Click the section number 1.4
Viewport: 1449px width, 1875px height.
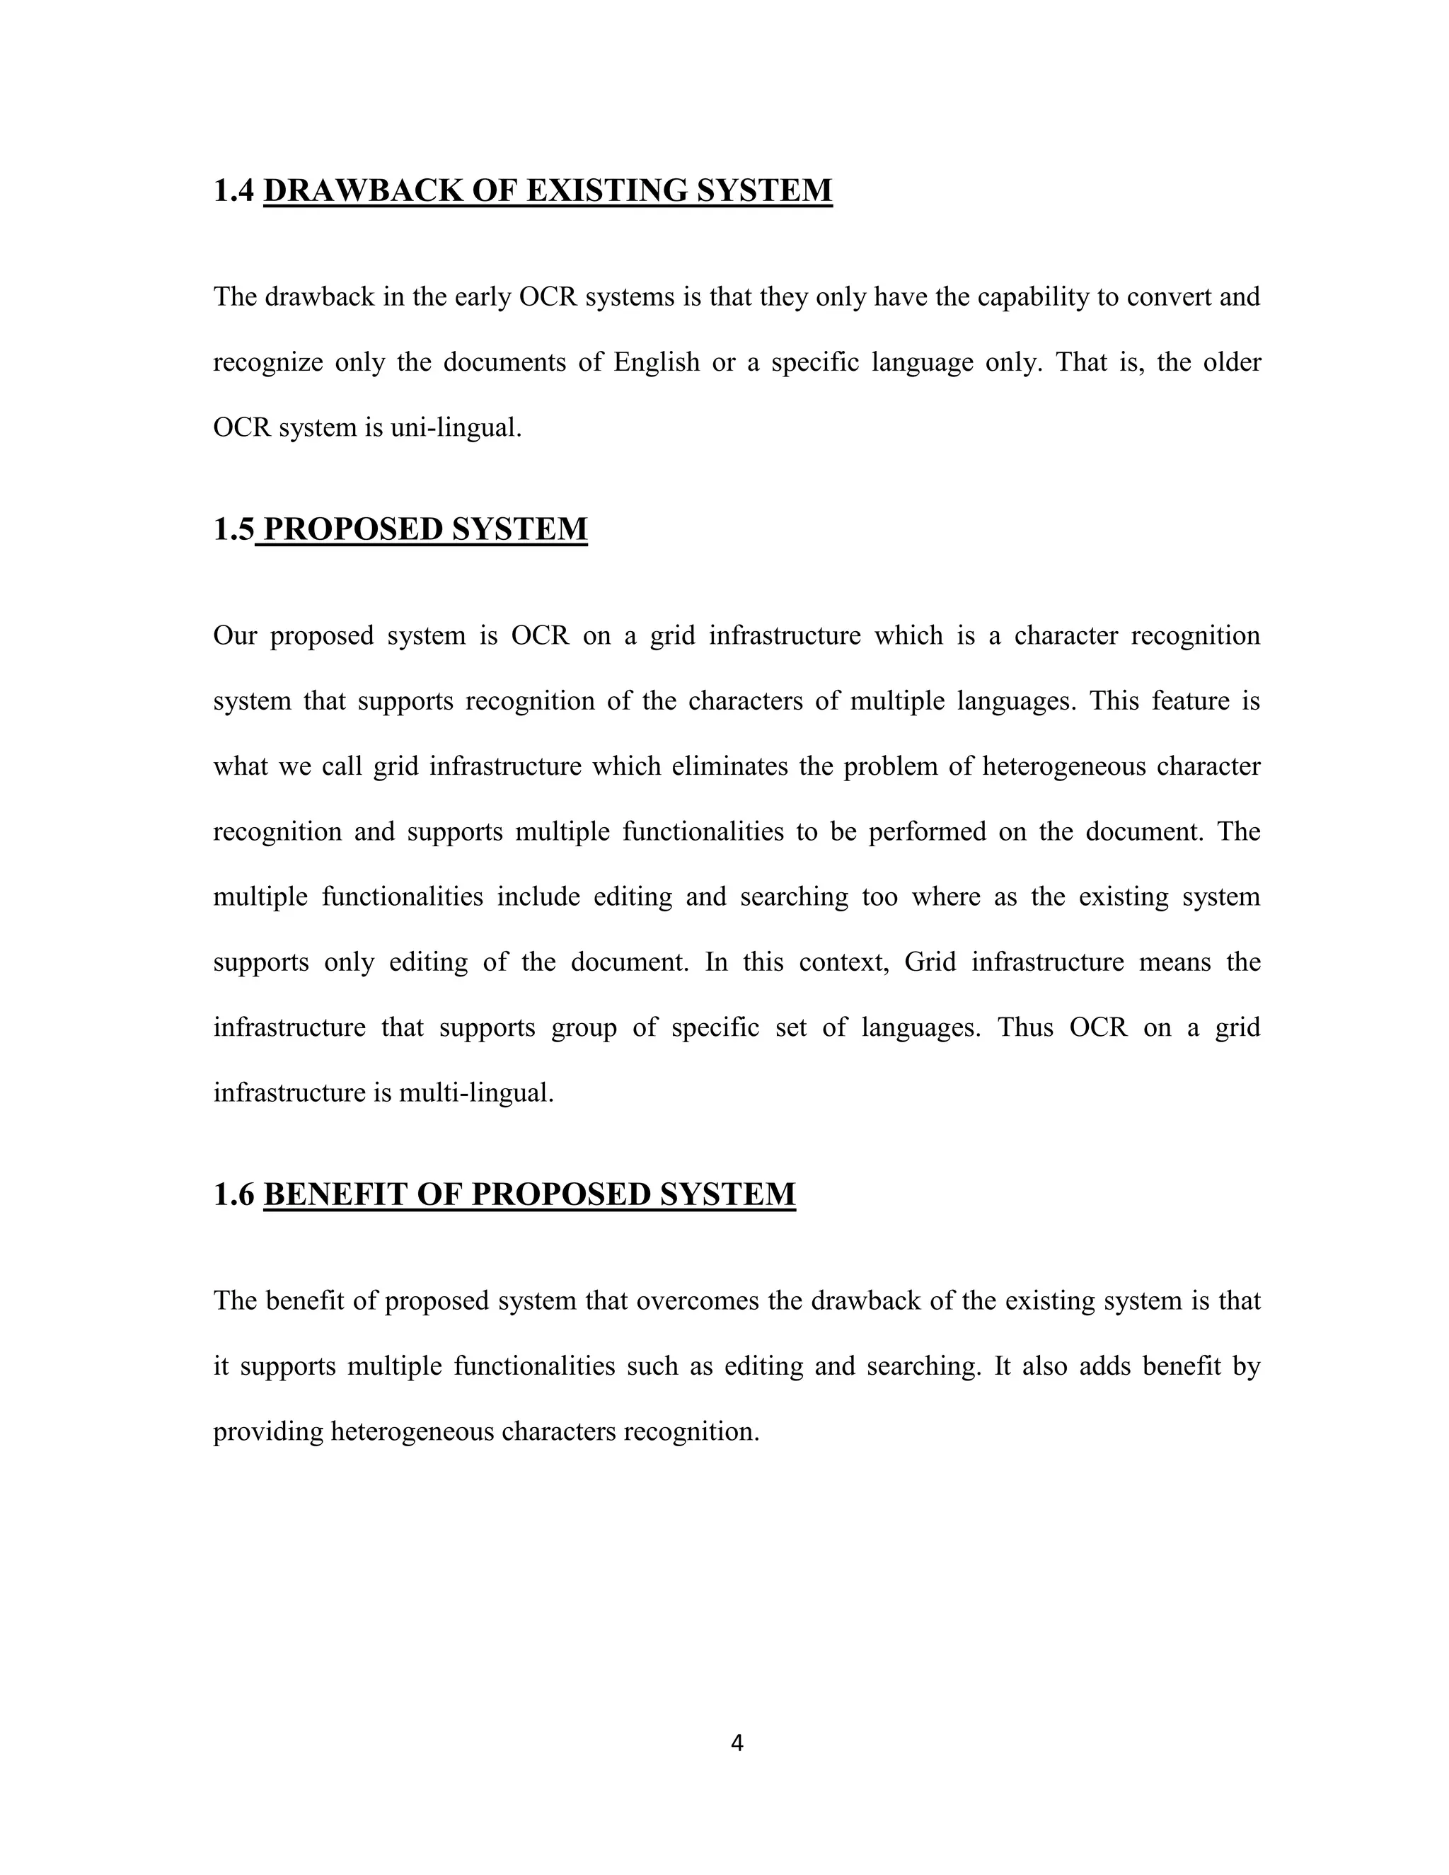[x=233, y=190]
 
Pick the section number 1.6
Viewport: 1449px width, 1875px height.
[x=233, y=1194]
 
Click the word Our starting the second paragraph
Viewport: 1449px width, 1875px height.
[x=234, y=635]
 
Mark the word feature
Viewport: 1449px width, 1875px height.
[x=1188, y=700]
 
